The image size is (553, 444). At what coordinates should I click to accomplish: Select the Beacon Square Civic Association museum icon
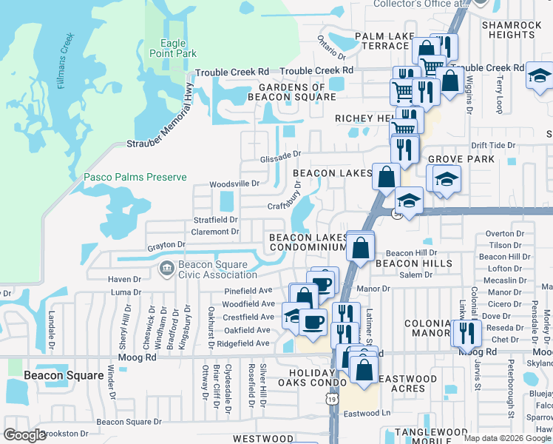point(165,266)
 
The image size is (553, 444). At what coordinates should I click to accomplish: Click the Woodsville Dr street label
point(234,184)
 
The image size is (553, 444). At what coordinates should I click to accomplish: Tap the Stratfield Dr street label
point(215,220)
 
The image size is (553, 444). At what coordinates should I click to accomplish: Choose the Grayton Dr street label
point(166,244)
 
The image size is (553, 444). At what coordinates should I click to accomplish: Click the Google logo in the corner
point(25,435)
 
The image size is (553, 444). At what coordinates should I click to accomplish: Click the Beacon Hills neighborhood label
point(413,263)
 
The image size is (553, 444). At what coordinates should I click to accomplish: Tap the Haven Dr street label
point(124,280)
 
